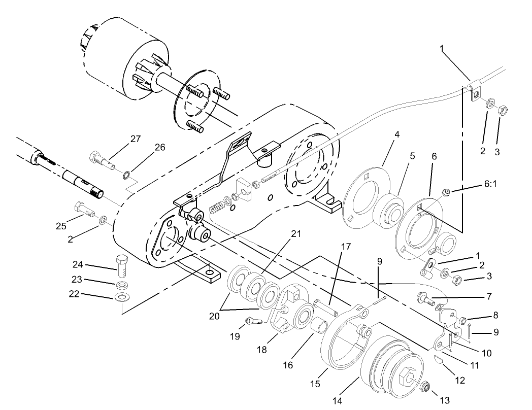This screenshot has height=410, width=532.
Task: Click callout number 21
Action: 295,233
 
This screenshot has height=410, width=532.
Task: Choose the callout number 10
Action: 486,352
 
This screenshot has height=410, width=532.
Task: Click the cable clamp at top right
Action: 475,91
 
